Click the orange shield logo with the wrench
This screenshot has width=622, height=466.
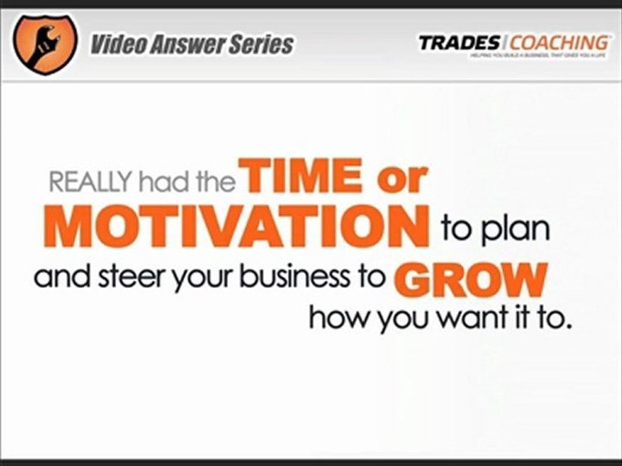[x=44, y=43]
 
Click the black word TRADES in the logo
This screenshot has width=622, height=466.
[x=459, y=43]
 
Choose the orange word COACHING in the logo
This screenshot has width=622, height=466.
[x=559, y=43]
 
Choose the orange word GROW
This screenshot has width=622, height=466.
[x=468, y=279]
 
